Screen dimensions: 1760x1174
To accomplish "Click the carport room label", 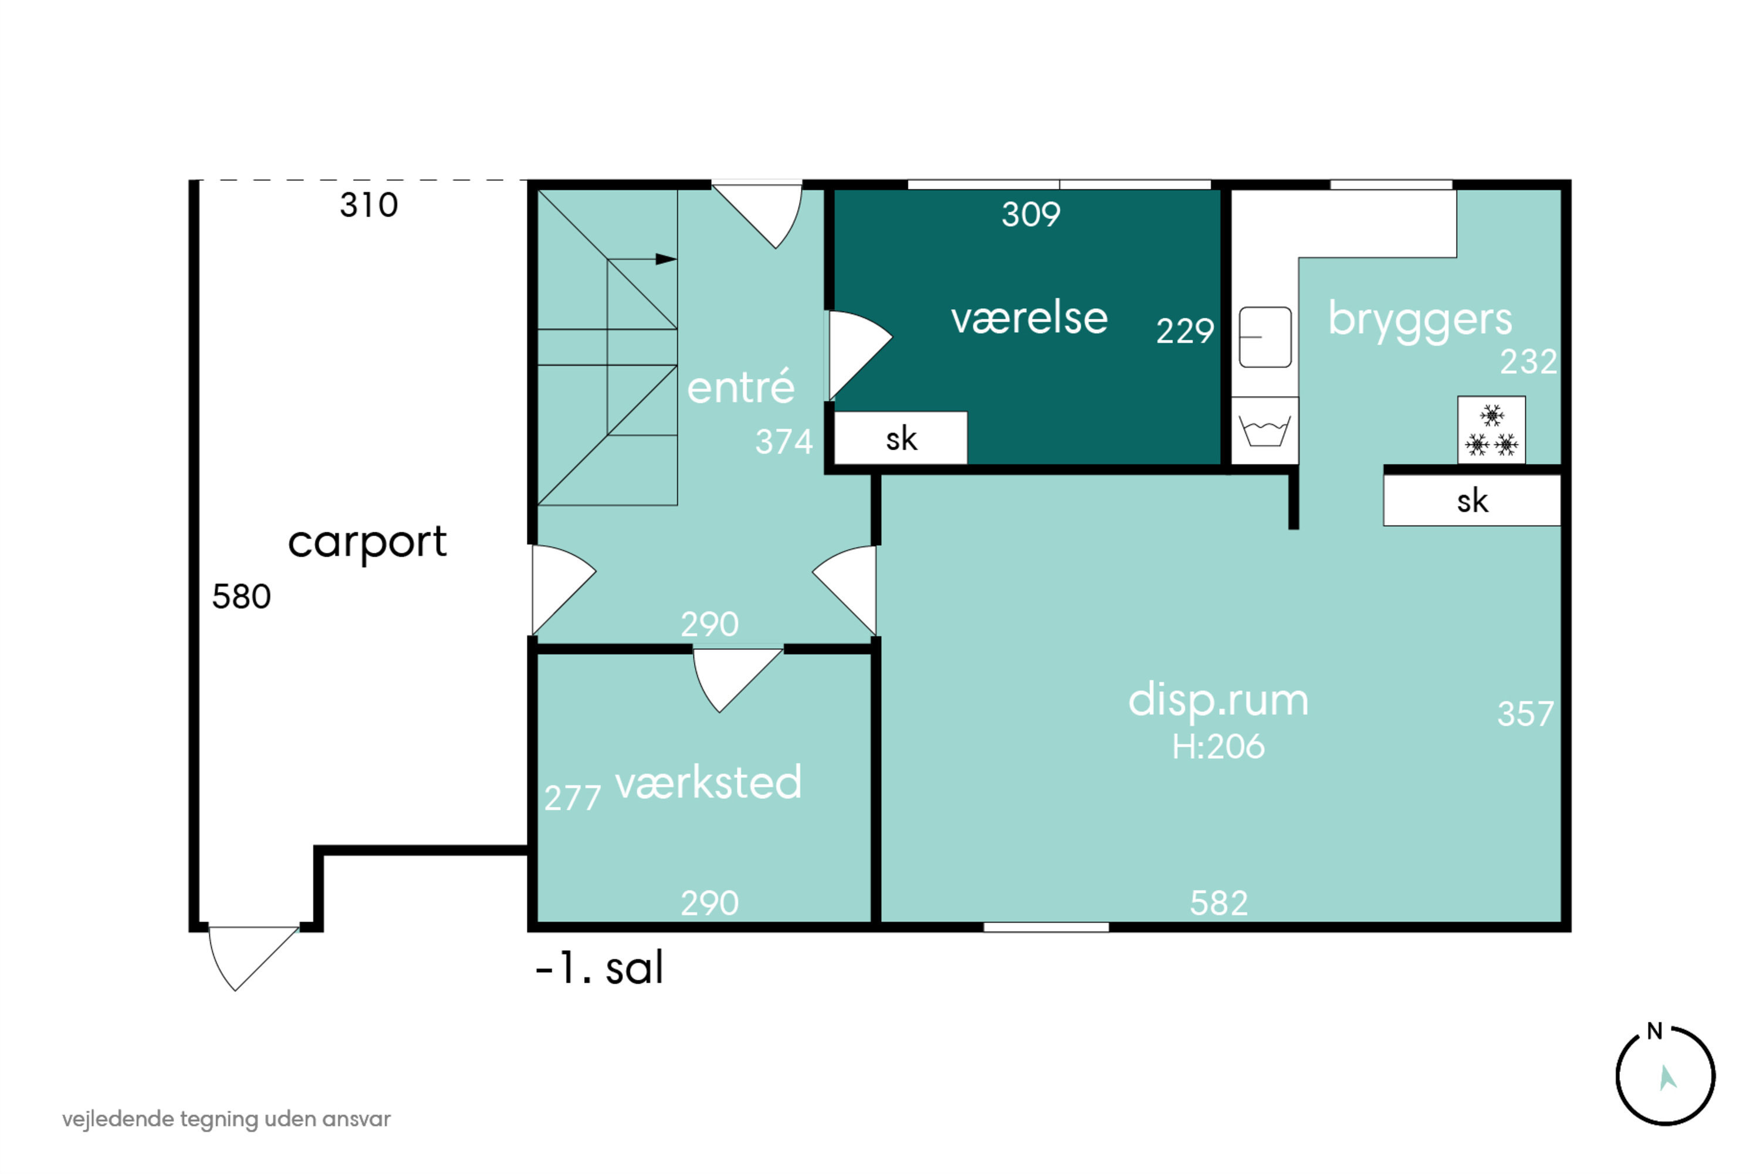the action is (367, 542).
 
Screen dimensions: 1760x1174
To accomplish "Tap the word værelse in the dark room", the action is (1029, 318).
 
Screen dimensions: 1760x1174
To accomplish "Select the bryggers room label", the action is (1420, 321).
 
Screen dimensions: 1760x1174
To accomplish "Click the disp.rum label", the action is (1219, 701).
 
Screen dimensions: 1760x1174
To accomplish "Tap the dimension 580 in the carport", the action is (241, 597).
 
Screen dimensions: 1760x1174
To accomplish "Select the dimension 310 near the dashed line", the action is (369, 205).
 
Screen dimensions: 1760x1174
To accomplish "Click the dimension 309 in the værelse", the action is (1031, 215).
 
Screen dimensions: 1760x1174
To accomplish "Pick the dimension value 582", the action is (1219, 903).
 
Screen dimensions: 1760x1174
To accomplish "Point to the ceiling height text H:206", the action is (1219, 747).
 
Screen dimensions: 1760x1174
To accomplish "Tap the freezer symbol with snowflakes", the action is (1491, 430).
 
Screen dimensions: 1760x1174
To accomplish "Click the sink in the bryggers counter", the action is (1265, 337).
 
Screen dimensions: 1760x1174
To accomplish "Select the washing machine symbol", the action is (1265, 430).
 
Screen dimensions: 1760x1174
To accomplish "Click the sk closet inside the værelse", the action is (901, 438).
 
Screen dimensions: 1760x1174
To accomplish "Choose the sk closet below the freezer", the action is (1472, 500).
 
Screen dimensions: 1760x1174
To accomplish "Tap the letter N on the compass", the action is (1654, 1032).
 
